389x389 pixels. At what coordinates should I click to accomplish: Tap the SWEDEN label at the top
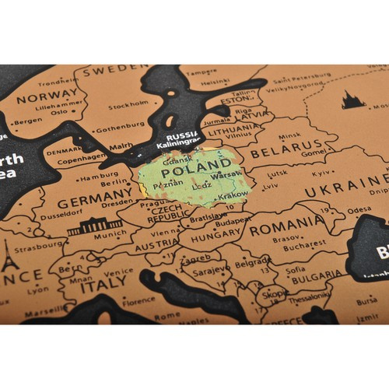coord(114,70)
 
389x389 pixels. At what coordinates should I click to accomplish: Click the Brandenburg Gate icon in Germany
coord(95,226)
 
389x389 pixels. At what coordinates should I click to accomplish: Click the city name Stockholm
coord(128,105)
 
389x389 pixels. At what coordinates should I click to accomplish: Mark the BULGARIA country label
coord(315,275)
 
